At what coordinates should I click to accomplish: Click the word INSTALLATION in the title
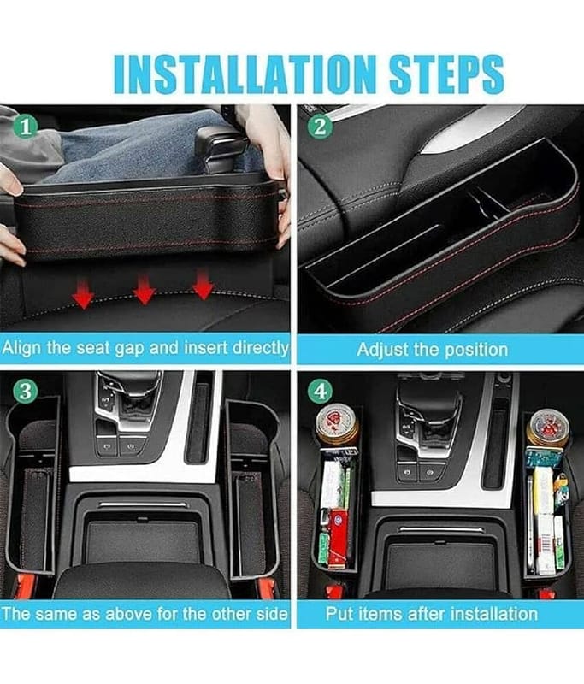click(245, 74)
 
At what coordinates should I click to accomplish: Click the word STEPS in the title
click(446, 74)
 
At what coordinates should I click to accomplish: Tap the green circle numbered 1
click(26, 127)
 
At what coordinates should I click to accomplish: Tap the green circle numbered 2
click(320, 127)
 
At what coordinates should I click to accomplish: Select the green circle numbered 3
click(26, 391)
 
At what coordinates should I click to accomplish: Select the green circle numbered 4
click(320, 392)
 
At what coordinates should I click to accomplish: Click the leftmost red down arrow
click(83, 293)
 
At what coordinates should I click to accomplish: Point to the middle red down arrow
click(145, 289)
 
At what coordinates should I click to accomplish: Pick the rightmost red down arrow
click(202, 284)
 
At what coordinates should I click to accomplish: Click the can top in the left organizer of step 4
click(337, 424)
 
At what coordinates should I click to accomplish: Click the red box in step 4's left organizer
click(337, 538)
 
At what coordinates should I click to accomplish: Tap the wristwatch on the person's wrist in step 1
click(229, 115)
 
